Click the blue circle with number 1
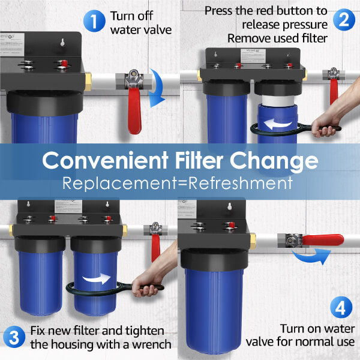coord(94,22)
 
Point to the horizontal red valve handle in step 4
coord(322,240)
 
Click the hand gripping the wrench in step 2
coord(327,127)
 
